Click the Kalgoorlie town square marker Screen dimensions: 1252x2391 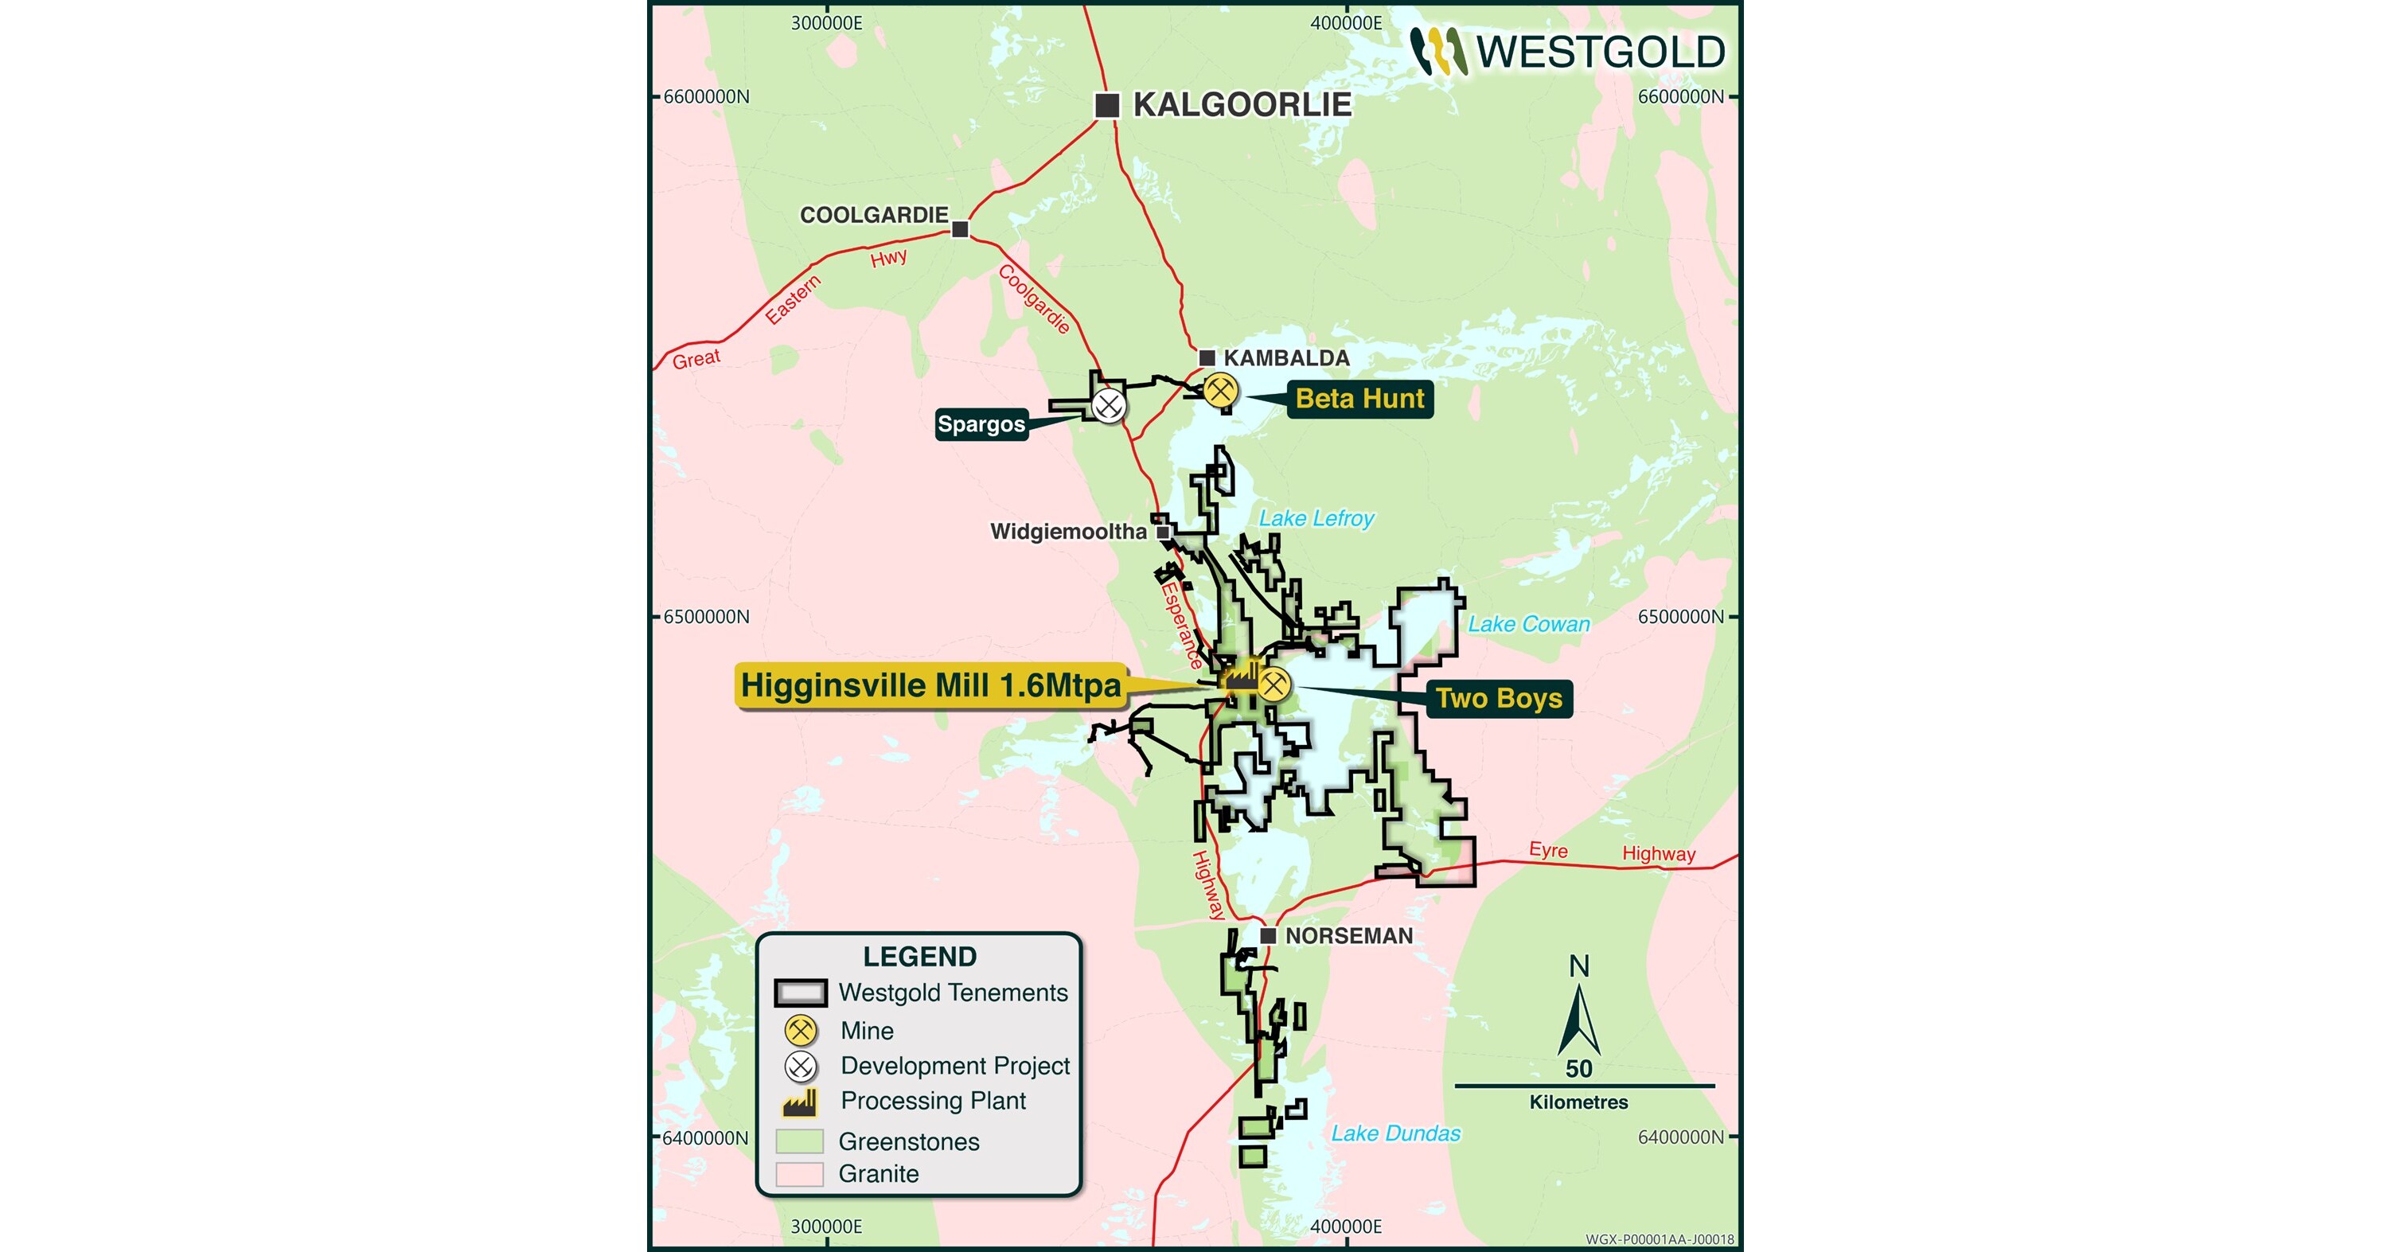coord(1106,105)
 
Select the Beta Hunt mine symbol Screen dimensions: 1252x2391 coord(1220,391)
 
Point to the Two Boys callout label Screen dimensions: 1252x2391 coord(1498,698)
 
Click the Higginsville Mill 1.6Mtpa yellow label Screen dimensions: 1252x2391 coord(931,686)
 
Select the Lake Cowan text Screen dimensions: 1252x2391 coord(1527,624)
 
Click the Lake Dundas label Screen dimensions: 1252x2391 coord(1395,1133)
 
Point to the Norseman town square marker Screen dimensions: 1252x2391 coord(1268,935)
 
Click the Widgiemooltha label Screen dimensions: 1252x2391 coord(1068,532)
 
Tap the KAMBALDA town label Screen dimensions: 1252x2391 coord(1285,358)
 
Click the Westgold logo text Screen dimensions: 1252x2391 coord(1600,52)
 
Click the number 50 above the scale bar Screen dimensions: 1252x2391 coord(1579,1068)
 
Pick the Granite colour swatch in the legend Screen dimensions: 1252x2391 coord(799,1174)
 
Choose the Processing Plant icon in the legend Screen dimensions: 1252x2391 coord(800,1102)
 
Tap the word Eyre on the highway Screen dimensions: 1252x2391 coord(1548,850)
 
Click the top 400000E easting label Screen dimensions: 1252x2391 coord(1346,23)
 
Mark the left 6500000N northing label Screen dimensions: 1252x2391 coord(706,617)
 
